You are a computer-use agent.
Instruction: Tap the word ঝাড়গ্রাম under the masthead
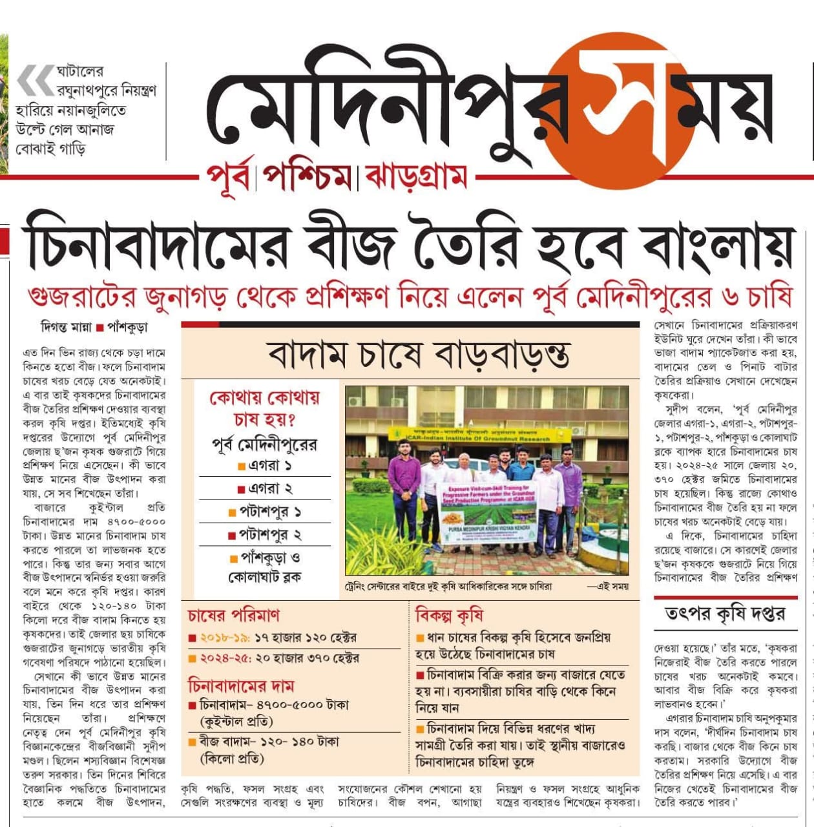416,176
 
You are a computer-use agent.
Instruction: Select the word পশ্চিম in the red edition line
309,176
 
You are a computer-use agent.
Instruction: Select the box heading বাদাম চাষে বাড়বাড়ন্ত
418,355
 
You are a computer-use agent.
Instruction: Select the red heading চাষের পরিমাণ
234,615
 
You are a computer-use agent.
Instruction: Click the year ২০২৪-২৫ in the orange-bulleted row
224,658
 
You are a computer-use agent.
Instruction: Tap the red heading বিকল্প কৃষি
449,615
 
